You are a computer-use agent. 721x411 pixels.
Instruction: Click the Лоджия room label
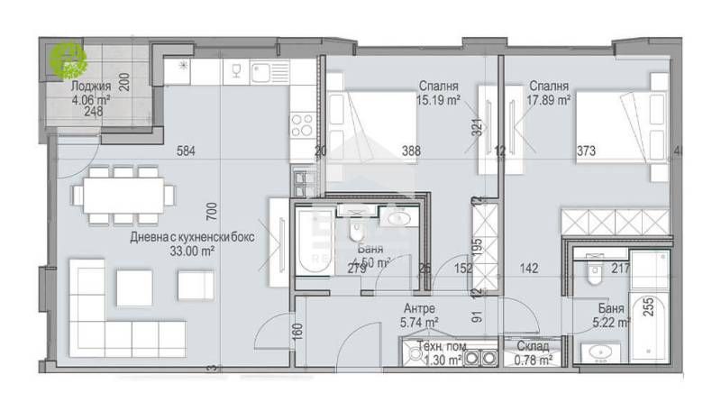point(93,87)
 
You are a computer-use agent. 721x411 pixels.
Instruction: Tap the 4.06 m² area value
point(91,100)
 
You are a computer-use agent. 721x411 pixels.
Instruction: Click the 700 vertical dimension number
point(211,213)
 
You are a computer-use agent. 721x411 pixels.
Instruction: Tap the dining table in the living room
point(123,194)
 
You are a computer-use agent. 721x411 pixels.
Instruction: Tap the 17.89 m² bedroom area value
point(550,101)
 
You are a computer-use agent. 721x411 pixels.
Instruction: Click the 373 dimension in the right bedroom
point(586,151)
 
